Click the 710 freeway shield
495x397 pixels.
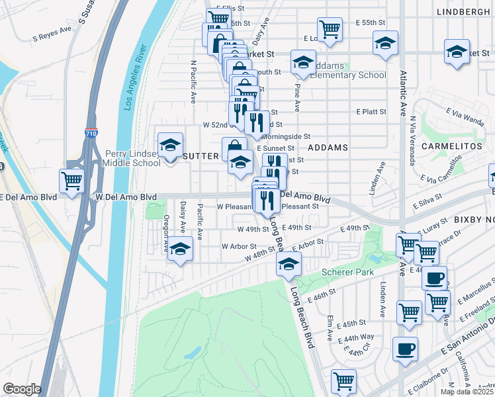[91, 132]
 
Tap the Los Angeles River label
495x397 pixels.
[131, 78]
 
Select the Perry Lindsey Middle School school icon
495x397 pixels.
[170, 145]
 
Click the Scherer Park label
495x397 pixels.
[347, 272]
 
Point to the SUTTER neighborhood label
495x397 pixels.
[200, 155]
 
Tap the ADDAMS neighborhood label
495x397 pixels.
[328, 148]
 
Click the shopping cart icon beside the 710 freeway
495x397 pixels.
[72, 181]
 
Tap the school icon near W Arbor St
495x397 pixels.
[179, 249]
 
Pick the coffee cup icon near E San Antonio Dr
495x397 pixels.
[405, 348]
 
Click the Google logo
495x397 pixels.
[22, 389]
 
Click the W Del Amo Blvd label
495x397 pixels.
[126, 197]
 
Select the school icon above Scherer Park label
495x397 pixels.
[289, 265]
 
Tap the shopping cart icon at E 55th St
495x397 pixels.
[329, 29]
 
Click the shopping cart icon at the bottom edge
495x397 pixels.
[343, 380]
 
